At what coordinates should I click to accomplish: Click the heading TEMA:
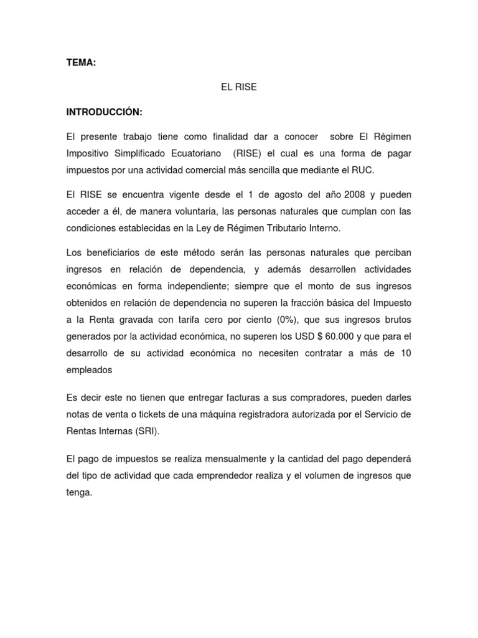pyautogui.click(x=81, y=63)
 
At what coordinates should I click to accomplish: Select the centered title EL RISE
pyautogui.click(x=238, y=88)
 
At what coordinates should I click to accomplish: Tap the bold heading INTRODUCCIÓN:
pyautogui.click(x=105, y=112)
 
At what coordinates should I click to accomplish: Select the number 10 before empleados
pyautogui.click(x=405, y=353)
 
